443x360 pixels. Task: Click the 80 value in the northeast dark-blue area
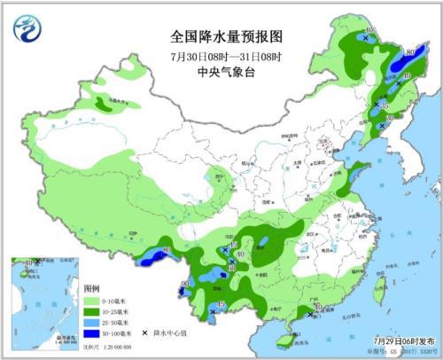tap(410, 54)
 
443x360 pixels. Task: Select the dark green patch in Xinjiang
tap(104, 106)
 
